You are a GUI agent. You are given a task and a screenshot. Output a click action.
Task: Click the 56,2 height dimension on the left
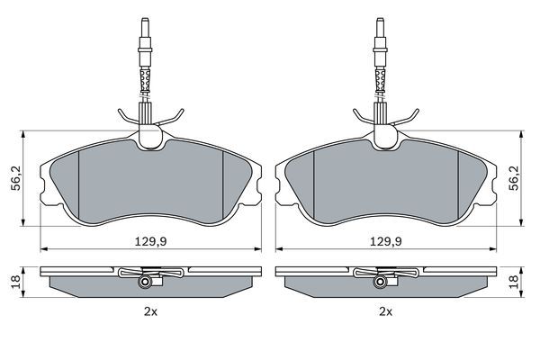coord(16,178)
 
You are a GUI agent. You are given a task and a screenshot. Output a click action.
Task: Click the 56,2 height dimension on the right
coord(514,178)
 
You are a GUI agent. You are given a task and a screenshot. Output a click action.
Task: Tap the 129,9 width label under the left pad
coord(150,242)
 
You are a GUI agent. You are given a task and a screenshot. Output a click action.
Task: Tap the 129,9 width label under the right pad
coord(386,242)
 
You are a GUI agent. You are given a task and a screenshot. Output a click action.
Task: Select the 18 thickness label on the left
coord(15,282)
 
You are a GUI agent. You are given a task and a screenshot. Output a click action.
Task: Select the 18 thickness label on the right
coord(514,282)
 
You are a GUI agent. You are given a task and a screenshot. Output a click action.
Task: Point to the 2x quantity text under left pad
coord(150,312)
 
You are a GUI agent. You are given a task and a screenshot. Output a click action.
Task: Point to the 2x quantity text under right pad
coord(386,312)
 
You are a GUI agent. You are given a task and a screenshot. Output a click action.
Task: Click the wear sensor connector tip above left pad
coord(145,23)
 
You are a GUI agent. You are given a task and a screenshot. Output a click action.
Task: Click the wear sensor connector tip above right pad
coord(380,23)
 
